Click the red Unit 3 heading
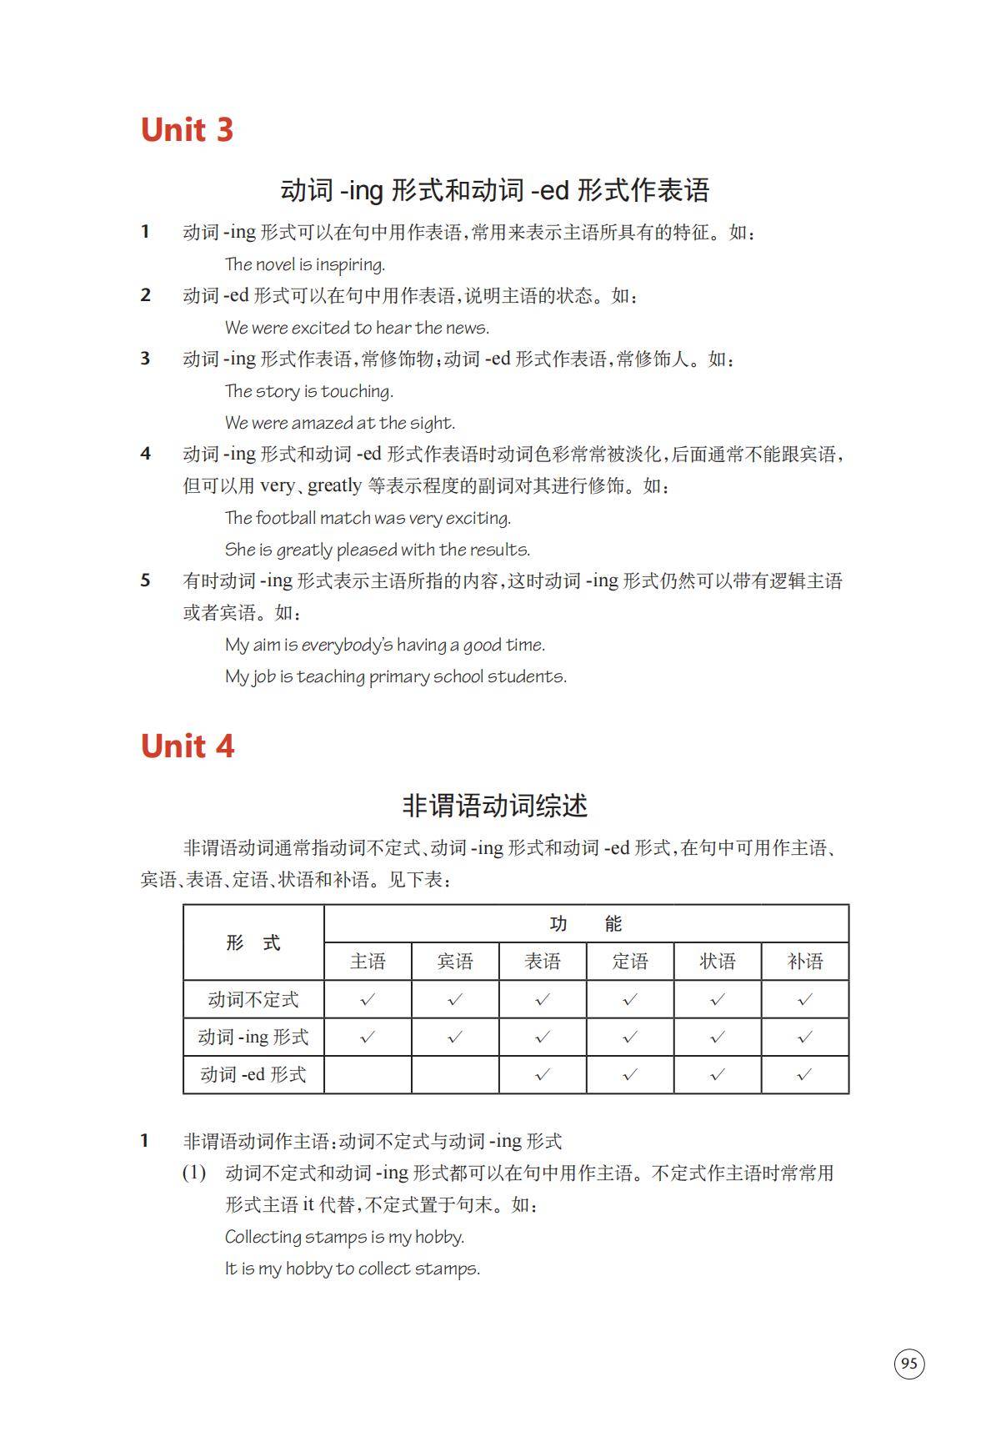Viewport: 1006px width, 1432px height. tap(187, 129)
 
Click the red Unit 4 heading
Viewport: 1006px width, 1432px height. tap(187, 746)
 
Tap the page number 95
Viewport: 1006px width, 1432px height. tap(909, 1364)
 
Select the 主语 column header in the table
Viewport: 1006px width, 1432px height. tap(368, 962)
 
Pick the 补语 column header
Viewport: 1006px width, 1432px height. tap(804, 962)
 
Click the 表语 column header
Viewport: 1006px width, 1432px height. tap(543, 962)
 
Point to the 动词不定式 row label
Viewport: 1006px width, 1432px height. tap(253, 999)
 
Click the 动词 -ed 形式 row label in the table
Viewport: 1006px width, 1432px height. tap(253, 1074)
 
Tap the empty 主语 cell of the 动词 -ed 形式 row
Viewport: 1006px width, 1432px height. tap(368, 1074)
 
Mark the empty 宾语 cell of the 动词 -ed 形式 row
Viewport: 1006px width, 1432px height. tap(455, 1074)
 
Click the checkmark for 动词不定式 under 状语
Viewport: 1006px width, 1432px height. tap(717, 999)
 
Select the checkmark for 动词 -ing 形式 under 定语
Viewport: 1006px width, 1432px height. tap(629, 1037)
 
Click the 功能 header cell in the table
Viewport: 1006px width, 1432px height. tap(586, 923)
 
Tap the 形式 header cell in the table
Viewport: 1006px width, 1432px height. tap(253, 942)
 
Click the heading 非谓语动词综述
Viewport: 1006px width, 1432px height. tap(495, 806)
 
